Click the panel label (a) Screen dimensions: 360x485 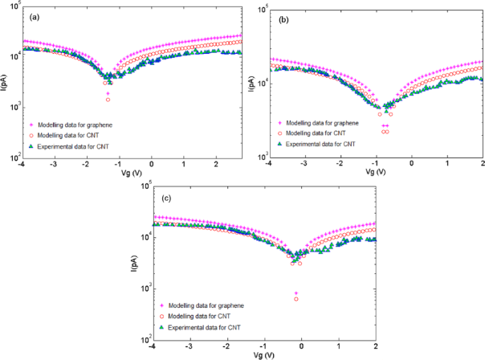31,17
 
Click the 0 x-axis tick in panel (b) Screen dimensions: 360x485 411,164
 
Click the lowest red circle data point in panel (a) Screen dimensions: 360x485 108,100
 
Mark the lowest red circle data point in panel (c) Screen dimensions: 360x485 296,299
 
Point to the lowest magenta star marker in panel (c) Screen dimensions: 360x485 296,293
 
